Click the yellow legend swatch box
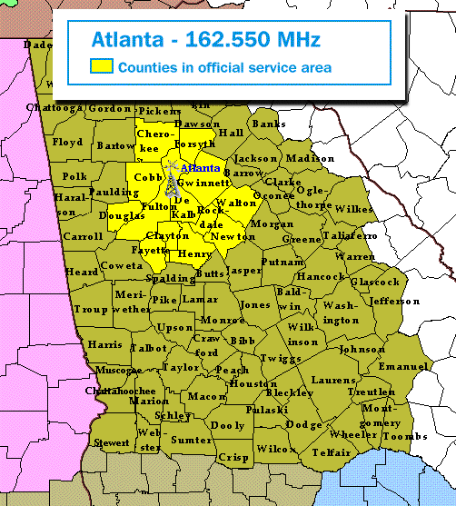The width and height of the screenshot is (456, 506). click(100, 66)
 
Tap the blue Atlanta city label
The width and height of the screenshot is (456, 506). click(200, 168)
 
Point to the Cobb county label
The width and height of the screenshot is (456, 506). click(146, 177)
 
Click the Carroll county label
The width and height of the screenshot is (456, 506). click(82, 236)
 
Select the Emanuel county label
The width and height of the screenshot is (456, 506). click(402, 365)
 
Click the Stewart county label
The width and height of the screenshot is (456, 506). click(112, 442)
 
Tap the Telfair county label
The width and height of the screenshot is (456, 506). click(332, 451)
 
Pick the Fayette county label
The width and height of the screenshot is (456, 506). click(149, 248)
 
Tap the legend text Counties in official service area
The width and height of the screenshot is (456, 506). click(224, 67)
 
